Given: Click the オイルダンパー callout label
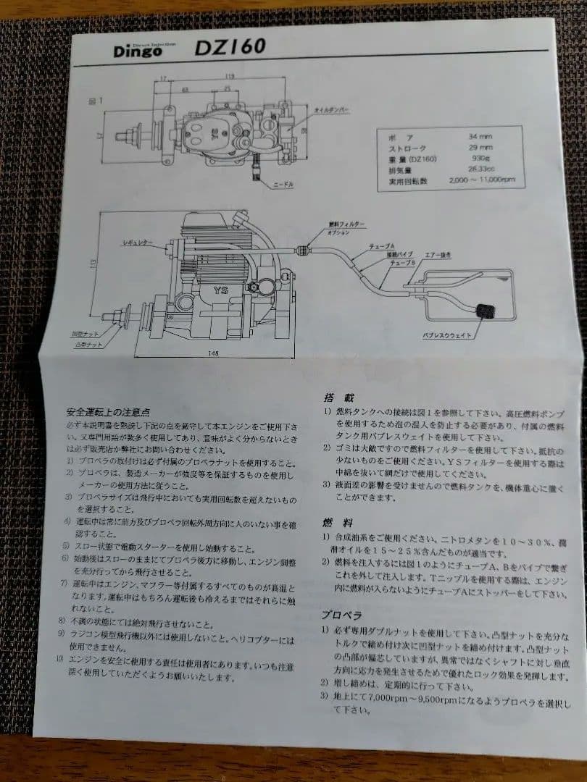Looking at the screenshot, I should click(x=332, y=111).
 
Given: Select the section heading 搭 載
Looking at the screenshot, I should click(x=334, y=398).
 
